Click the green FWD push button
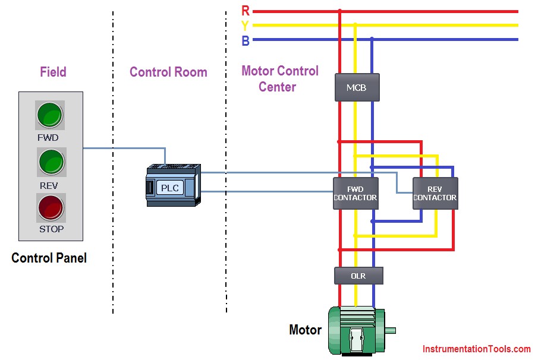50,115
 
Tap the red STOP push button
51,207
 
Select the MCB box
357,87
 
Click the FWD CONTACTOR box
356,194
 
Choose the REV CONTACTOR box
435,194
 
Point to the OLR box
358,276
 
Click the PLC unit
173,185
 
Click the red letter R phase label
246,11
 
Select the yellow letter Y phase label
245,26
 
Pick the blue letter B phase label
246,41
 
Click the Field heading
53,72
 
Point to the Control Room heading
168,72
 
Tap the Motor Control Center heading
280,79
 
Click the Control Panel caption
49,258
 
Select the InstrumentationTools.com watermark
477,349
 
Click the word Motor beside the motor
306,330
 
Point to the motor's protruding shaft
391,330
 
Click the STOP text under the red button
52,229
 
